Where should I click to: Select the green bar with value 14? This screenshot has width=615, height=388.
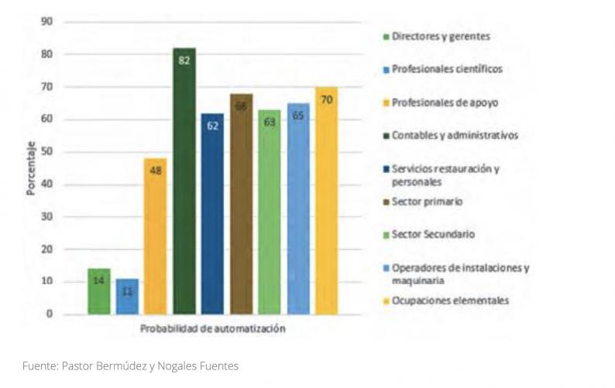coord(99,292)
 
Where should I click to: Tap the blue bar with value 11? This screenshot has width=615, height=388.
coord(127,296)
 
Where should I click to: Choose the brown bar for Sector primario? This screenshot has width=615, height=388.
coord(241,205)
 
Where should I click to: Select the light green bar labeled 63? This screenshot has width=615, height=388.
coord(269,213)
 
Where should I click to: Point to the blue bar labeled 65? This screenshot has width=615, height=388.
coord(297,210)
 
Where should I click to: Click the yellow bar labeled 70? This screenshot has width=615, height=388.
coord(326,201)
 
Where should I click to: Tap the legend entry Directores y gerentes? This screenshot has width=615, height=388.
coord(440,36)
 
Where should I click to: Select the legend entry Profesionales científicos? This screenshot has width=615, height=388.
coord(447,68)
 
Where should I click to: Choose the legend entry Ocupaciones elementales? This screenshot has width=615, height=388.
coord(450,300)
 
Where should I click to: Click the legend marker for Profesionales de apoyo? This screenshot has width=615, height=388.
coord(384,102)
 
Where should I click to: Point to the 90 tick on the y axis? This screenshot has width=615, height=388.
coord(47,22)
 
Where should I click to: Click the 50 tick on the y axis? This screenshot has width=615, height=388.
coord(47,152)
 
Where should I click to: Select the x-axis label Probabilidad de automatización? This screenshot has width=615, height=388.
coord(213,329)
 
